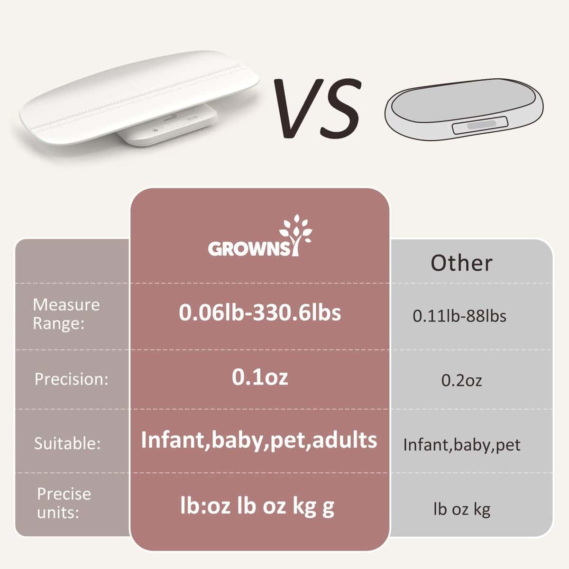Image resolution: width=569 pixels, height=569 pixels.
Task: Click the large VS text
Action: click(317, 109)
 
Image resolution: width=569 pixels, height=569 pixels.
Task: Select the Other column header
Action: click(461, 263)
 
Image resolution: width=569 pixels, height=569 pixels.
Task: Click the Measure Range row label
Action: click(66, 314)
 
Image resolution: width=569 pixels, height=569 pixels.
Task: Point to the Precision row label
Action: click(72, 379)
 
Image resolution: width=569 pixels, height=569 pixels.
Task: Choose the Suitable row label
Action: click(67, 444)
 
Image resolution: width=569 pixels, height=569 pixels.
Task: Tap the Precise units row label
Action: click(64, 503)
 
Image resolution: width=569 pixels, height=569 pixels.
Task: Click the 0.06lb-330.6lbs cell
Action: click(260, 313)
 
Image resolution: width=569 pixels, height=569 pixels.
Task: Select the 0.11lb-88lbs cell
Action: click(459, 316)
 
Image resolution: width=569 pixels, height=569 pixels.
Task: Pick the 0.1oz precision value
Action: click(260, 377)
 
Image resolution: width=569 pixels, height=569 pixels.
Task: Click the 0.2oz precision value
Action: click(461, 380)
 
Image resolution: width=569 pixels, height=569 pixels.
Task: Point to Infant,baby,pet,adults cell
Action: click(259, 440)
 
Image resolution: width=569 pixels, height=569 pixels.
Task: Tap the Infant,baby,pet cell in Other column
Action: click(461, 445)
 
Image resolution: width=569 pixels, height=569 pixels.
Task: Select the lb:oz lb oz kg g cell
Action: click(257, 506)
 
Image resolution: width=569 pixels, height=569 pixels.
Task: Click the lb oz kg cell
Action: click(461, 509)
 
